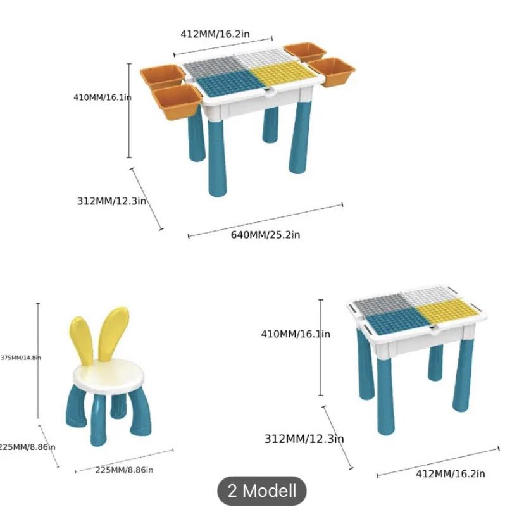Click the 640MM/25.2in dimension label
[x=265, y=235]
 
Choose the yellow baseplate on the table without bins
[x=447, y=311]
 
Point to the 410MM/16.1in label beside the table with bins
[x=102, y=97]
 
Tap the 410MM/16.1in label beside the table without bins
[x=295, y=334]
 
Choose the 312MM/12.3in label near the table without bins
[x=304, y=438]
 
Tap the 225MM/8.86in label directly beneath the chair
[x=124, y=470]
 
